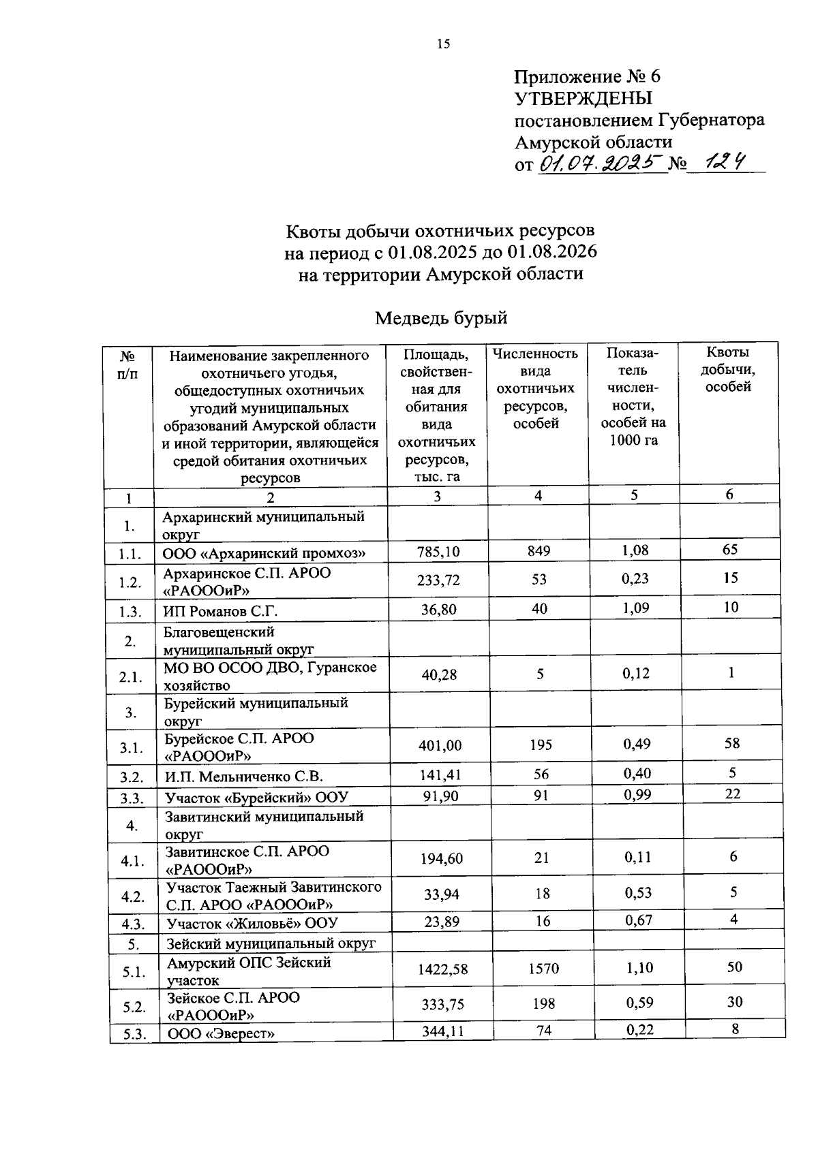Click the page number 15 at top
(443, 44)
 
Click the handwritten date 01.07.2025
(601, 163)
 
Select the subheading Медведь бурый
(442, 318)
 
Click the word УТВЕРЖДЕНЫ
(583, 98)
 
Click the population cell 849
(539, 550)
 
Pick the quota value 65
(730, 549)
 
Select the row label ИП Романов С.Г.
(220, 611)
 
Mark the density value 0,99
(637, 794)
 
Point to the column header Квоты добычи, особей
(728, 370)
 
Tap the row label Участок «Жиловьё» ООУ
(252, 924)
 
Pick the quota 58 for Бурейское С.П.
(731, 743)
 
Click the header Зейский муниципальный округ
(271, 943)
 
